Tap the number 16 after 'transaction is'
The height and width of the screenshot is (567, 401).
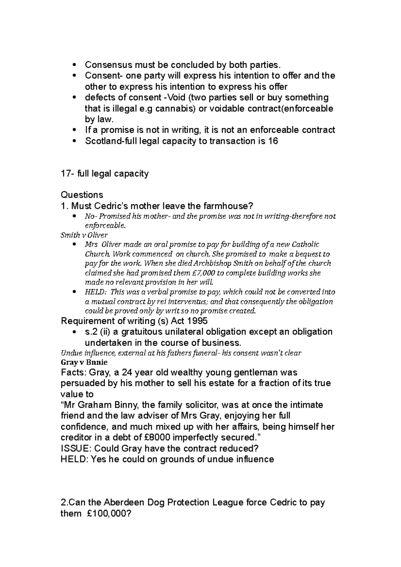click(273, 141)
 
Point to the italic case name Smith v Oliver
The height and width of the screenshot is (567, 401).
click(84, 235)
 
